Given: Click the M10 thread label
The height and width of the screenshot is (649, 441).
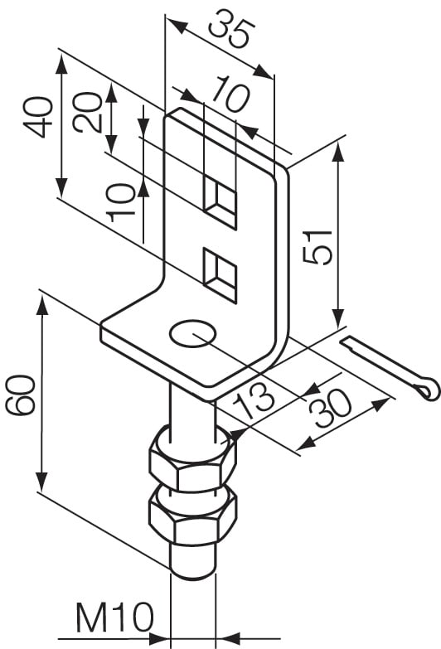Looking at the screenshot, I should click(x=115, y=617).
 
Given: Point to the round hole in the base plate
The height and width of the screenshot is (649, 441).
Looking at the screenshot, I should click(x=193, y=335).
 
